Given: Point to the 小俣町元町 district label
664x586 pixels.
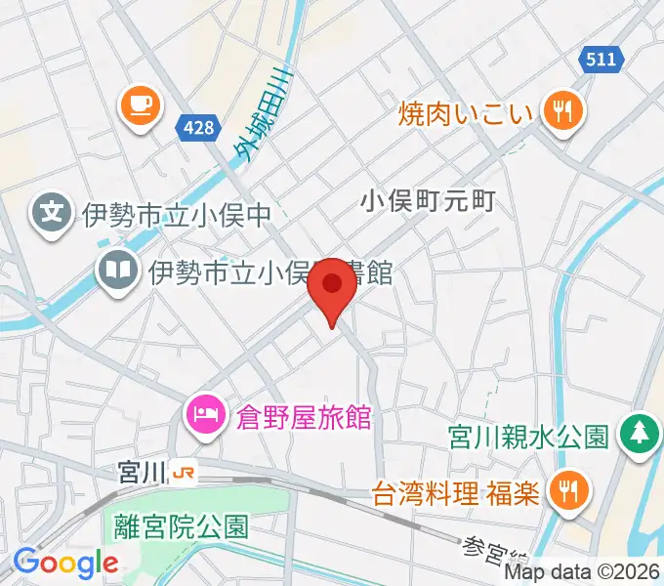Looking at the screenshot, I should pos(429,202).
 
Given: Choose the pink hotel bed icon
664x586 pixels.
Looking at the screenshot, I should pos(206,415).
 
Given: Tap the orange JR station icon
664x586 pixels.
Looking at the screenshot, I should pos(183,473).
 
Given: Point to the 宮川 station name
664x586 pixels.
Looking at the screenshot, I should pos(140,473).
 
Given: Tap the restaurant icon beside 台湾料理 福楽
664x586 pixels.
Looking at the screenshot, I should pos(564,489).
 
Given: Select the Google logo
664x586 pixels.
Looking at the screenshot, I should pos(65,564).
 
